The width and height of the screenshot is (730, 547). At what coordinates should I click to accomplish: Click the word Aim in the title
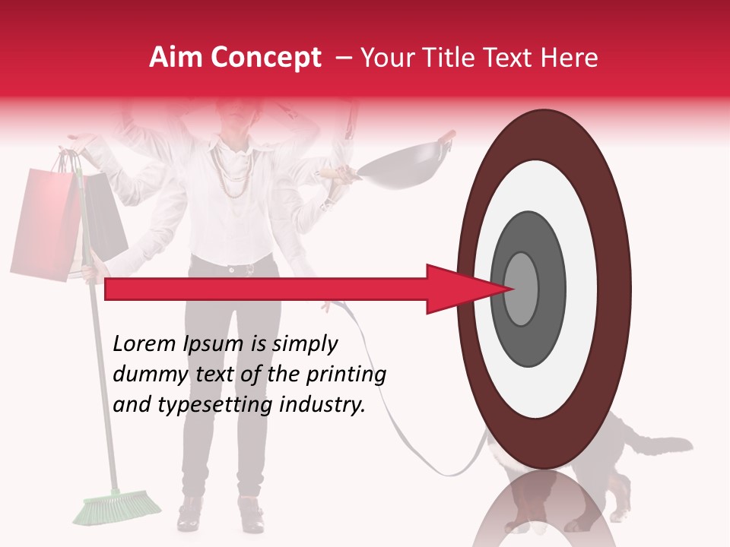coord(176,58)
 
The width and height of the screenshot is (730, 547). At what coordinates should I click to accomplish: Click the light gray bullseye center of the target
coord(521,289)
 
